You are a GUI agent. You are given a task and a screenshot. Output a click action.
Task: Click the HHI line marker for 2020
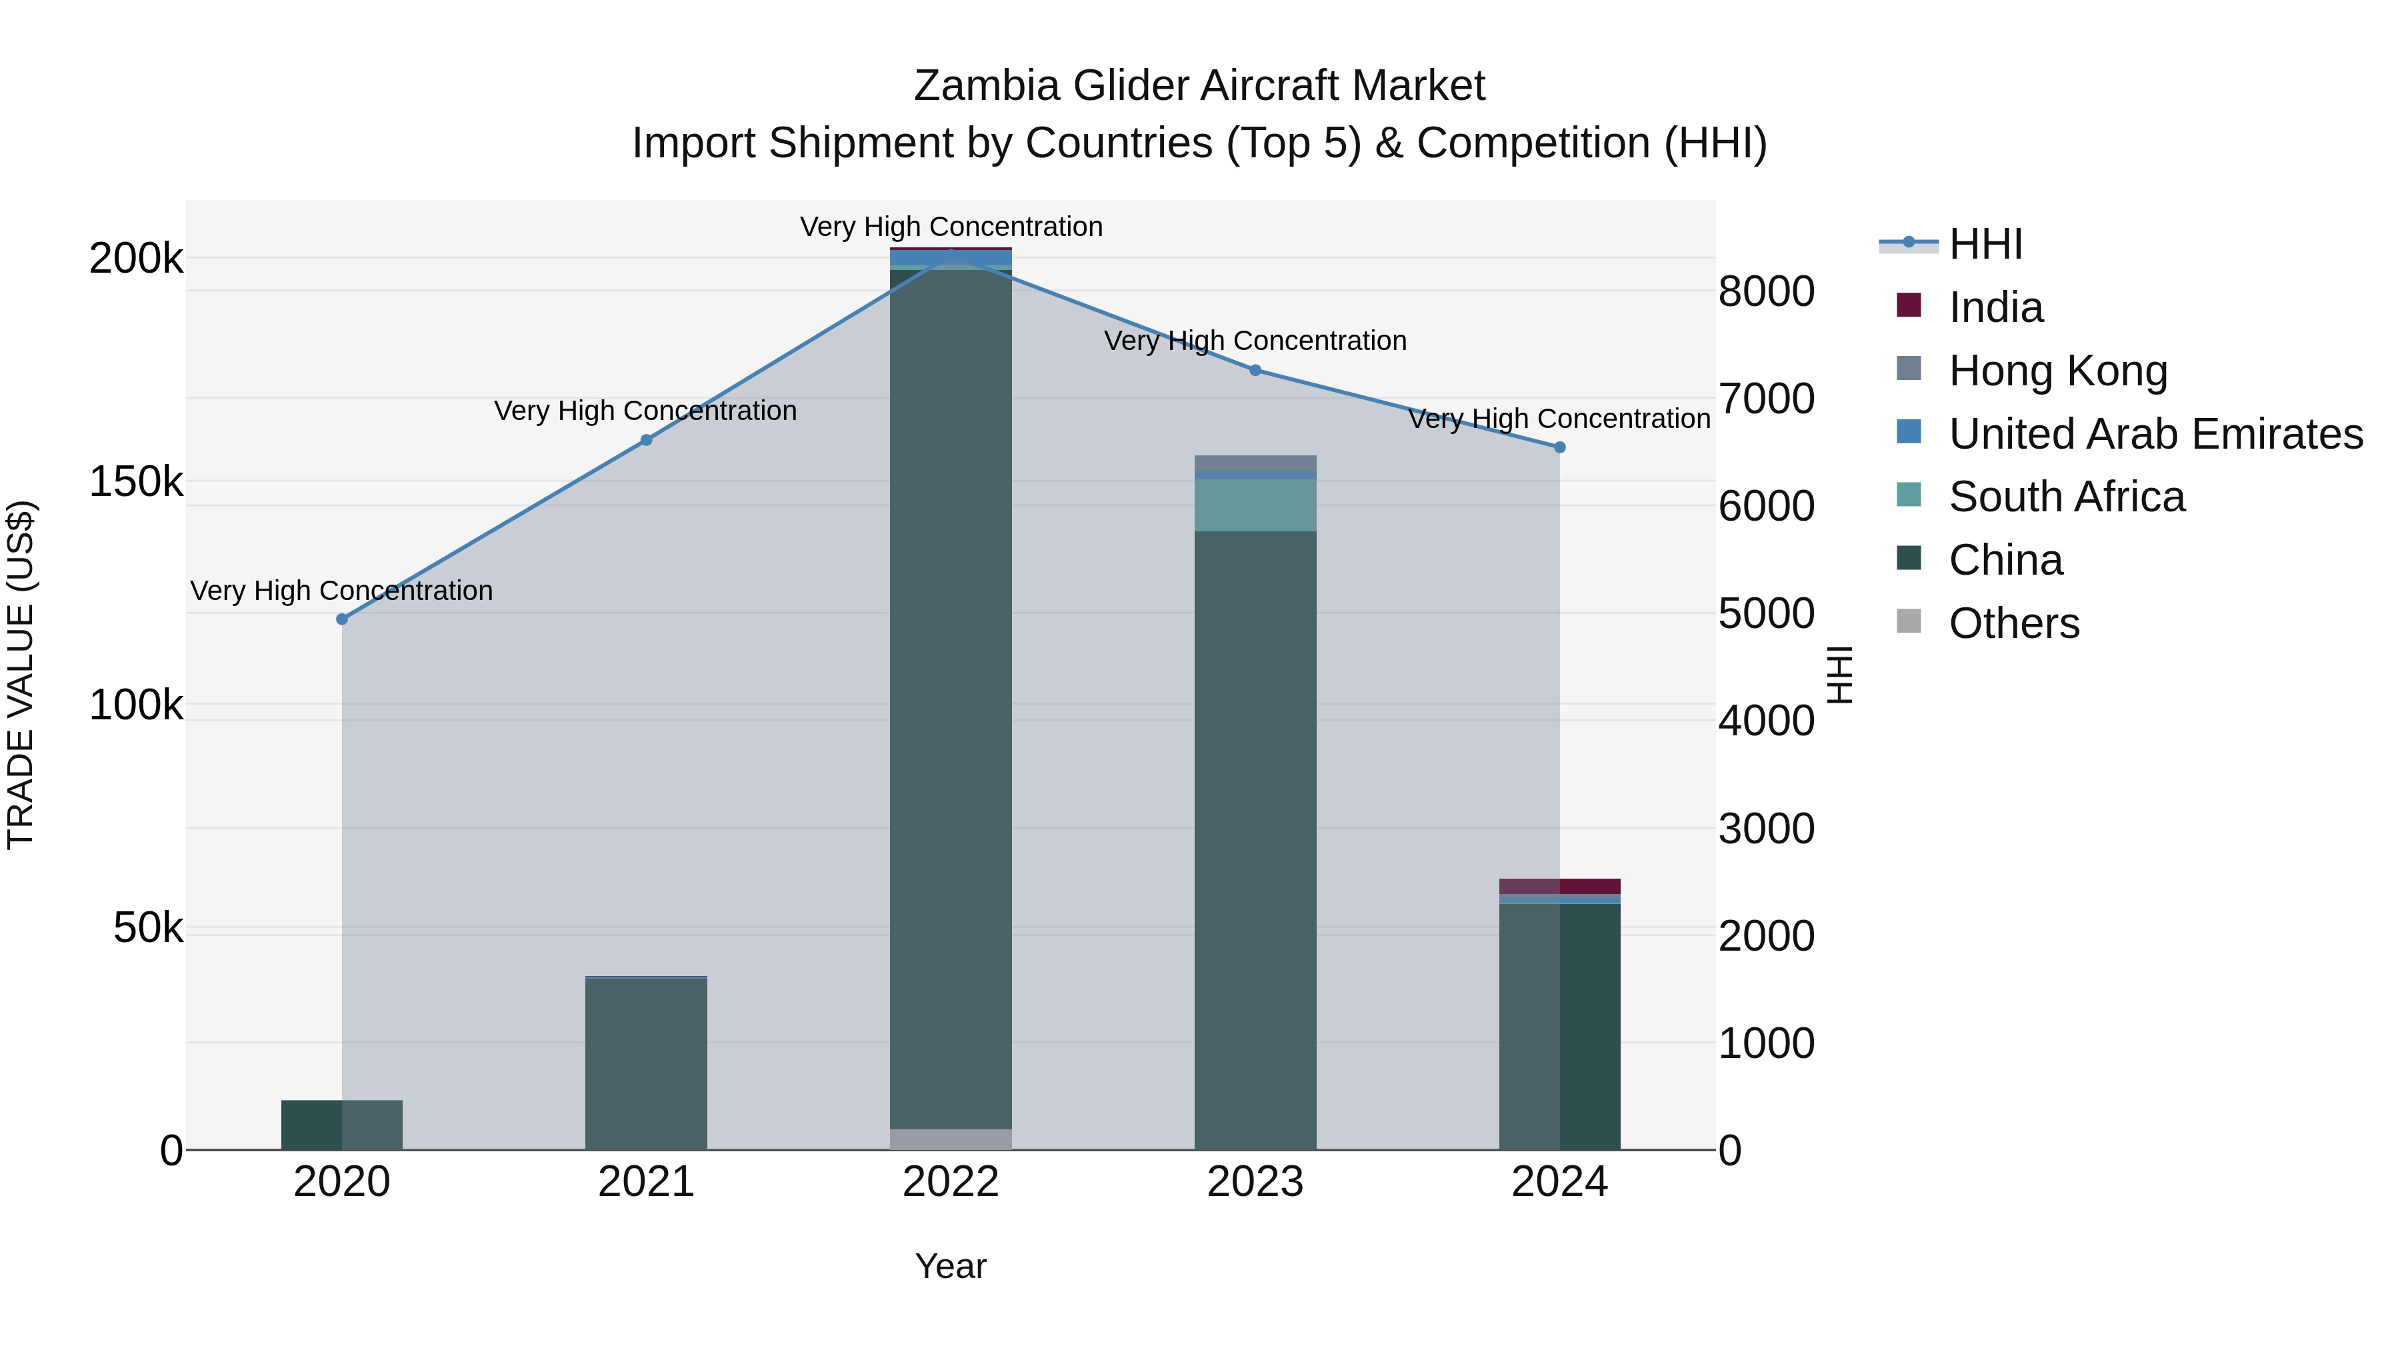(x=342, y=619)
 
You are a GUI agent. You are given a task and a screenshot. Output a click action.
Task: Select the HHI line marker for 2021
(x=647, y=441)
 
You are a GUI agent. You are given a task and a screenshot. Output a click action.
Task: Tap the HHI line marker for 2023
(x=1255, y=371)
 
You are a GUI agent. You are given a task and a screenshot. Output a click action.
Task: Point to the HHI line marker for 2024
(x=1559, y=448)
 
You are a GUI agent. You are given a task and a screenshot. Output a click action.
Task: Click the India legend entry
(x=1995, y=307)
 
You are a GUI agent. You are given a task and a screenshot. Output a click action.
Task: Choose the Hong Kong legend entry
(x=2057, y=371)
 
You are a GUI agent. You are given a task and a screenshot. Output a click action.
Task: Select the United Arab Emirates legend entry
(x=2154, y=434)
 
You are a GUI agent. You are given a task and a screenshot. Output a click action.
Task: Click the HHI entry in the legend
(x=1985, y=244)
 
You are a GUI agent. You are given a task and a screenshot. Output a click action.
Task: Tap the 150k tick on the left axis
(x=136, y=483)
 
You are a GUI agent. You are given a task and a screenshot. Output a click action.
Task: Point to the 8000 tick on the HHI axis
(x=1765, y=291)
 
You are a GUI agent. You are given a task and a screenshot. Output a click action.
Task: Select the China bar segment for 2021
(x=647, y=1064)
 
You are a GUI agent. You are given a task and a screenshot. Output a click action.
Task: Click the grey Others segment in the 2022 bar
(x=950, y=1139)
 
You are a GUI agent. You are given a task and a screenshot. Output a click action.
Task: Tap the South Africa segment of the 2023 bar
(x=1255, y=505)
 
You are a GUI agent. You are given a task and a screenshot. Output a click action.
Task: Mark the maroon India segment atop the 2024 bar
(x=1559, y=886)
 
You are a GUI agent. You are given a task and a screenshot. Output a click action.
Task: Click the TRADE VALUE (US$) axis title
(x=21, y=675)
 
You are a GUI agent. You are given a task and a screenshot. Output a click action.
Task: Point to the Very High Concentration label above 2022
(x=950, y=227)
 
